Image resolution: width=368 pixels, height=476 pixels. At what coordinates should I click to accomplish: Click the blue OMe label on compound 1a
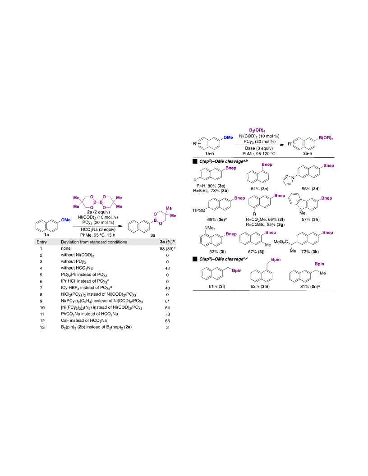click(66, 220)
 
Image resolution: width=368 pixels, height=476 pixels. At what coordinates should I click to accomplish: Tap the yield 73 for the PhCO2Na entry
click(167, 314)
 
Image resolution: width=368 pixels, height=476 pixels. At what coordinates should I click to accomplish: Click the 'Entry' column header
click(41, 242)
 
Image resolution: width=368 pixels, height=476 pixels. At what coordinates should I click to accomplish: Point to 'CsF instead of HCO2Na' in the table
click(84, 320)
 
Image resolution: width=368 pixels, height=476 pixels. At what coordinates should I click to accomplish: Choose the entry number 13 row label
click(42, 327)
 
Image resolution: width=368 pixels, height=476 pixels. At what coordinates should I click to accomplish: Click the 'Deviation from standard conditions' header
click(94, 242)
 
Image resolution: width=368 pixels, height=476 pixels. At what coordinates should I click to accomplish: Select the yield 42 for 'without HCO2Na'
click(167, 268)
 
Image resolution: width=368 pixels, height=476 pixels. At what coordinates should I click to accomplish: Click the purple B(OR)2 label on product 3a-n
click(326, 138)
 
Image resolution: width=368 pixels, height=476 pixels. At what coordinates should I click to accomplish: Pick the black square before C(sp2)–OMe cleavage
click(195, 161)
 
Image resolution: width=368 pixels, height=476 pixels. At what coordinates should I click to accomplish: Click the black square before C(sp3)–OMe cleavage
click(195, 259)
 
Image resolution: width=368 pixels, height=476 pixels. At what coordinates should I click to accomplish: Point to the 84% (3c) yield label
click(260, 189)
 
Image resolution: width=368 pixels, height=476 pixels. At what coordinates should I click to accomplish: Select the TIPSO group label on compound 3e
click(199, 210)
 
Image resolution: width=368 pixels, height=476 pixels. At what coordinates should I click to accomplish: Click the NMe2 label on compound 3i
click(210, 228)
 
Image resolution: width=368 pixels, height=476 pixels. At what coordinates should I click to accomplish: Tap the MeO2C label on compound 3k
click(281, 242)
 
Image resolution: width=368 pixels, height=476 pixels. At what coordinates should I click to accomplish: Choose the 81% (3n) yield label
click(308, 286)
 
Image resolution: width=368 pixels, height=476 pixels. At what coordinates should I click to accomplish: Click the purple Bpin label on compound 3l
click(237, 270)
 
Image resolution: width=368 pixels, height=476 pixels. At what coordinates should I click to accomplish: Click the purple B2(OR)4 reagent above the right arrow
click(257, 131)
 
